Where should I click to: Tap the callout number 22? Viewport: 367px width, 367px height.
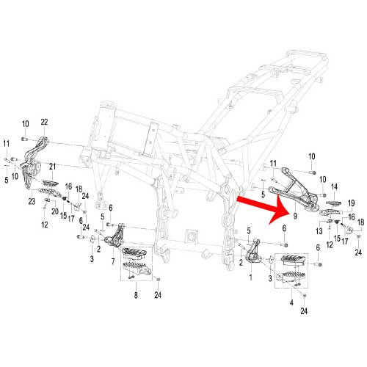(x=44, y=122)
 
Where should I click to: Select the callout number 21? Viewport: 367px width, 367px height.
(x=52, y=167)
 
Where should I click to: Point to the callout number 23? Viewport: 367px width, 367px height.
(x=32, y=201)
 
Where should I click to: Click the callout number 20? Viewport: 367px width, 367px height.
(x=55, y=211)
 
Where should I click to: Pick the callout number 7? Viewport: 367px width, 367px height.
(x=113, y=261)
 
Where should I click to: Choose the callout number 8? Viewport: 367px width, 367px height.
(x=136, y=295)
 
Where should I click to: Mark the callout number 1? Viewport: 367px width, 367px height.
(x=250, y=277)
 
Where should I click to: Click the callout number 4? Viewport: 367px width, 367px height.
(x=291, y=302)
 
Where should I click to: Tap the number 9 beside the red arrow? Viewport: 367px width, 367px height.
(x=295, y=216)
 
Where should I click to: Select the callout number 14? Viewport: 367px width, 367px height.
(x=334, y=187)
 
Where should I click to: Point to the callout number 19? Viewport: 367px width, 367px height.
(x=351, y=203)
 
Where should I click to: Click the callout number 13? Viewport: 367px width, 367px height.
(x=319, y=230)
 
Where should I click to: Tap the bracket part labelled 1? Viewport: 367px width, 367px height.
(x=253, y=252)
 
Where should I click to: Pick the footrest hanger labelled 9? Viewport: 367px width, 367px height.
(x=294, y=189)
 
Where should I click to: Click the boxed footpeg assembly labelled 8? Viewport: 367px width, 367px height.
(x=137, y=264)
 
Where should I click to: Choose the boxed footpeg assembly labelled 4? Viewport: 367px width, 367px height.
(x=291, y=270)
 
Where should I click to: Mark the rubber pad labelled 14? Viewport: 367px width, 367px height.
(x=334, y=203)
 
